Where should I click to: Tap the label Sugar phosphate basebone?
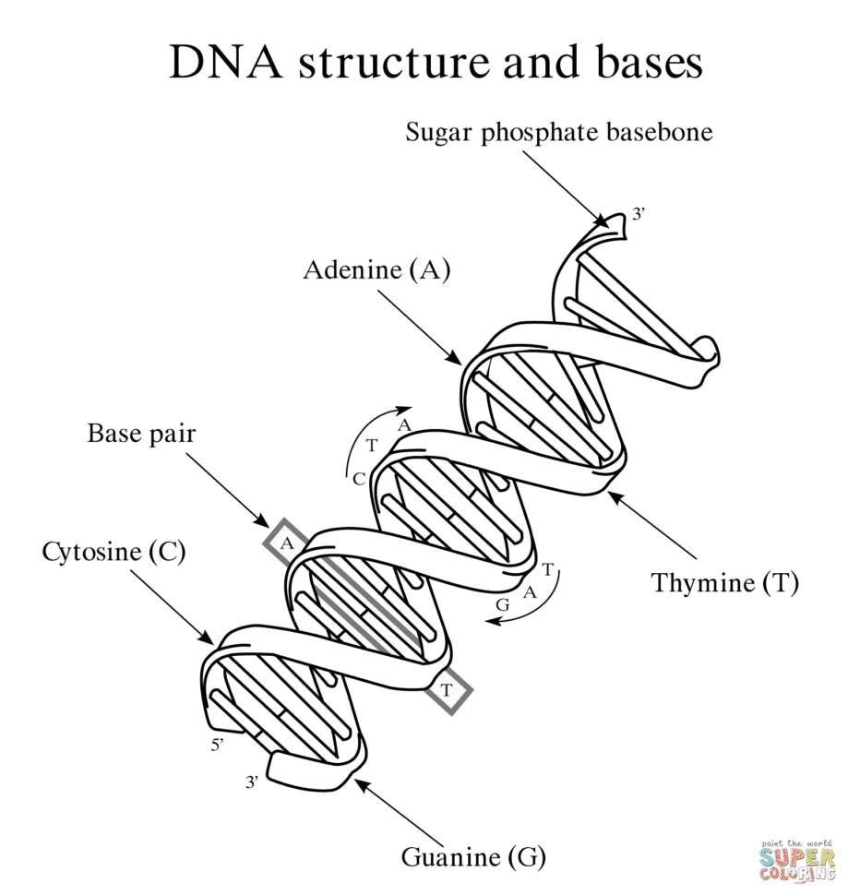pyautogui.click(x=559, y=133)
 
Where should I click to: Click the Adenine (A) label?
pyautogui.click(x=376, y=270)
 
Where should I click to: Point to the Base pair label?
pyautogui.click(x=141, y=433)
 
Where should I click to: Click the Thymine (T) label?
pyautogui.click(x=724, y=583)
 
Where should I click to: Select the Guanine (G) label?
pyautogui.click(x=473, y=857)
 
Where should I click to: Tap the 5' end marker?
pyautogui.click(x=217, y=745)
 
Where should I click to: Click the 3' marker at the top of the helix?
pyautogui.click(x=639, y=216)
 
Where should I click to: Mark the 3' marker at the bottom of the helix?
pyautogui.click(x=251, y=782)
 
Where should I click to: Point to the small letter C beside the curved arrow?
pyautogui.click(x=359, y=478)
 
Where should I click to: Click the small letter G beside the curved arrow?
pyautogui.click(x=502, y=604)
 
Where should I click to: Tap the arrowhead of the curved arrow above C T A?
pyautogui.click(x=405, y=409)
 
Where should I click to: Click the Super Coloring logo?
pyautogui.click(x=797, y=860)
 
